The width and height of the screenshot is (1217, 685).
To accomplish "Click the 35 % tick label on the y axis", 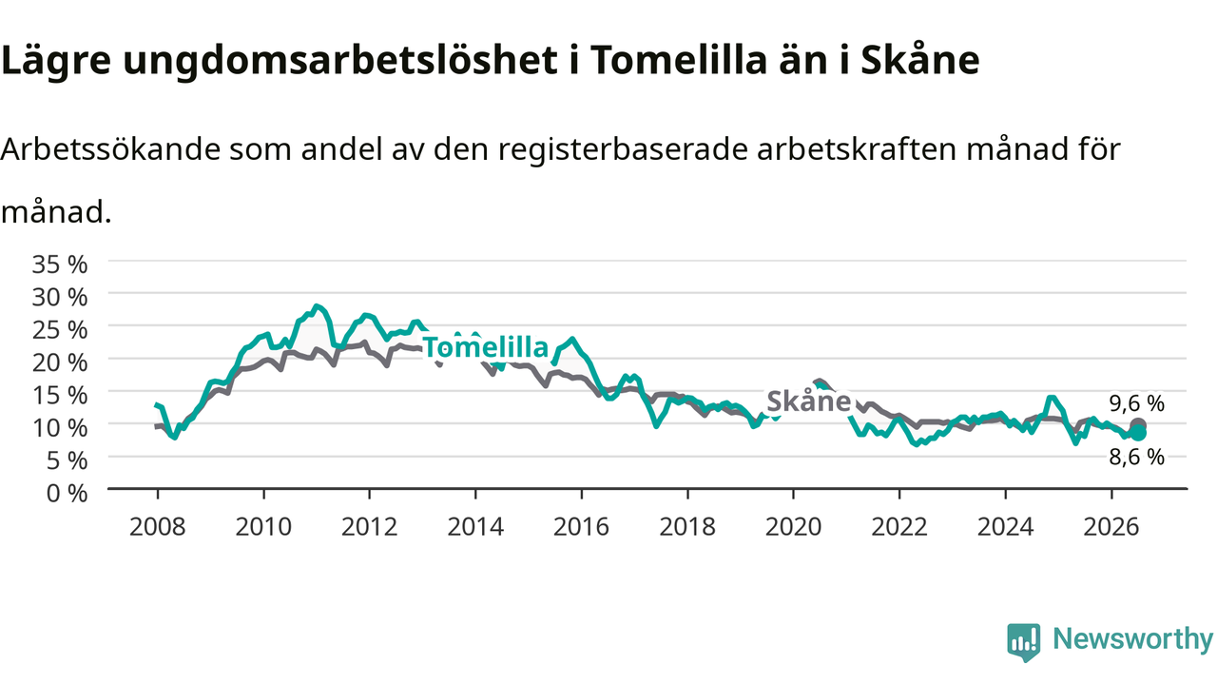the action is point(60,264).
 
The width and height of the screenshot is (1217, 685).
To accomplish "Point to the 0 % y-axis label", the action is point(67,493).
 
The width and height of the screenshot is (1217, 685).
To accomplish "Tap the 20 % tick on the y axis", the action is point(60,362).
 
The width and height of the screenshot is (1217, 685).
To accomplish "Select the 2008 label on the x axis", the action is point(157,527).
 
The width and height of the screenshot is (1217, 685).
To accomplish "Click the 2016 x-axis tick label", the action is point(581,527).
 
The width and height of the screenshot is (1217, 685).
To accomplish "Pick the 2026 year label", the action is point(1111,527).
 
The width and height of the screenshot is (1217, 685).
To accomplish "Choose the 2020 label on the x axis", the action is point(793,527).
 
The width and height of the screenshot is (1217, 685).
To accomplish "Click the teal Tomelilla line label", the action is point(486,347).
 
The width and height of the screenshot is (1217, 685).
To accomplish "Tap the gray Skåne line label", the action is point(808,401).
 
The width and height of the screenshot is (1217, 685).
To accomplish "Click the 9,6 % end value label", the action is point(1136,403).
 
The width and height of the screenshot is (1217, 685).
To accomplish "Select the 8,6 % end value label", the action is point(1136,458).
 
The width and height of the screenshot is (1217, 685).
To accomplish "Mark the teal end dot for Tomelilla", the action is point(1138,433).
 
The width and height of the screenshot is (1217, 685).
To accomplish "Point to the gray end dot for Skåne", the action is point(1138,424).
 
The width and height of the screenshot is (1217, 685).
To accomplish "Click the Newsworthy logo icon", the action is point(1024,642).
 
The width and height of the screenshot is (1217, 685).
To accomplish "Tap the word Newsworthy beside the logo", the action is point(1133,638).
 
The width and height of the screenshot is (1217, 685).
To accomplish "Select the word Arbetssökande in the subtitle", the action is point(110,149).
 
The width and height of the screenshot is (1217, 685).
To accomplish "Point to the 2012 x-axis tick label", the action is point(370,527).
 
